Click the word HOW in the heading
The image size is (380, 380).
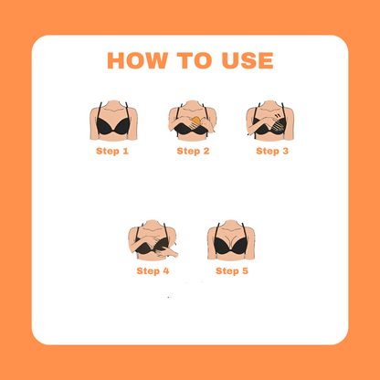138,60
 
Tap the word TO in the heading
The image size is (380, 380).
195,60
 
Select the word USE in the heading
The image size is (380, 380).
248,60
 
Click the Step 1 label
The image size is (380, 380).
112,151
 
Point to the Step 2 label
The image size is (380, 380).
193,151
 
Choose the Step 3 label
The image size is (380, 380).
272,151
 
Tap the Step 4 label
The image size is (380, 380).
153,271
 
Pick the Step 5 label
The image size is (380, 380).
232,271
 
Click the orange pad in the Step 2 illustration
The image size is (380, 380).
195,121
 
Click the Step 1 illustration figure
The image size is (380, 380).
113,121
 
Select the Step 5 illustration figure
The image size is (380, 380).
231,240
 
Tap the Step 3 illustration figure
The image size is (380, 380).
270,121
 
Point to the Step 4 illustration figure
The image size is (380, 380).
153,240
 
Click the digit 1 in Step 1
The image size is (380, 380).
126,151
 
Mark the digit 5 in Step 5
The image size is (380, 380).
245,271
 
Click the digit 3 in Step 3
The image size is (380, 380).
285,151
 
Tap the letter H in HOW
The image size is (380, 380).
116,60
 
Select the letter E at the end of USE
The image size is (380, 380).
267,60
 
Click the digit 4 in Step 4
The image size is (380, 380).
166,271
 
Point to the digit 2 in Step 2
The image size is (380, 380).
206,151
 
